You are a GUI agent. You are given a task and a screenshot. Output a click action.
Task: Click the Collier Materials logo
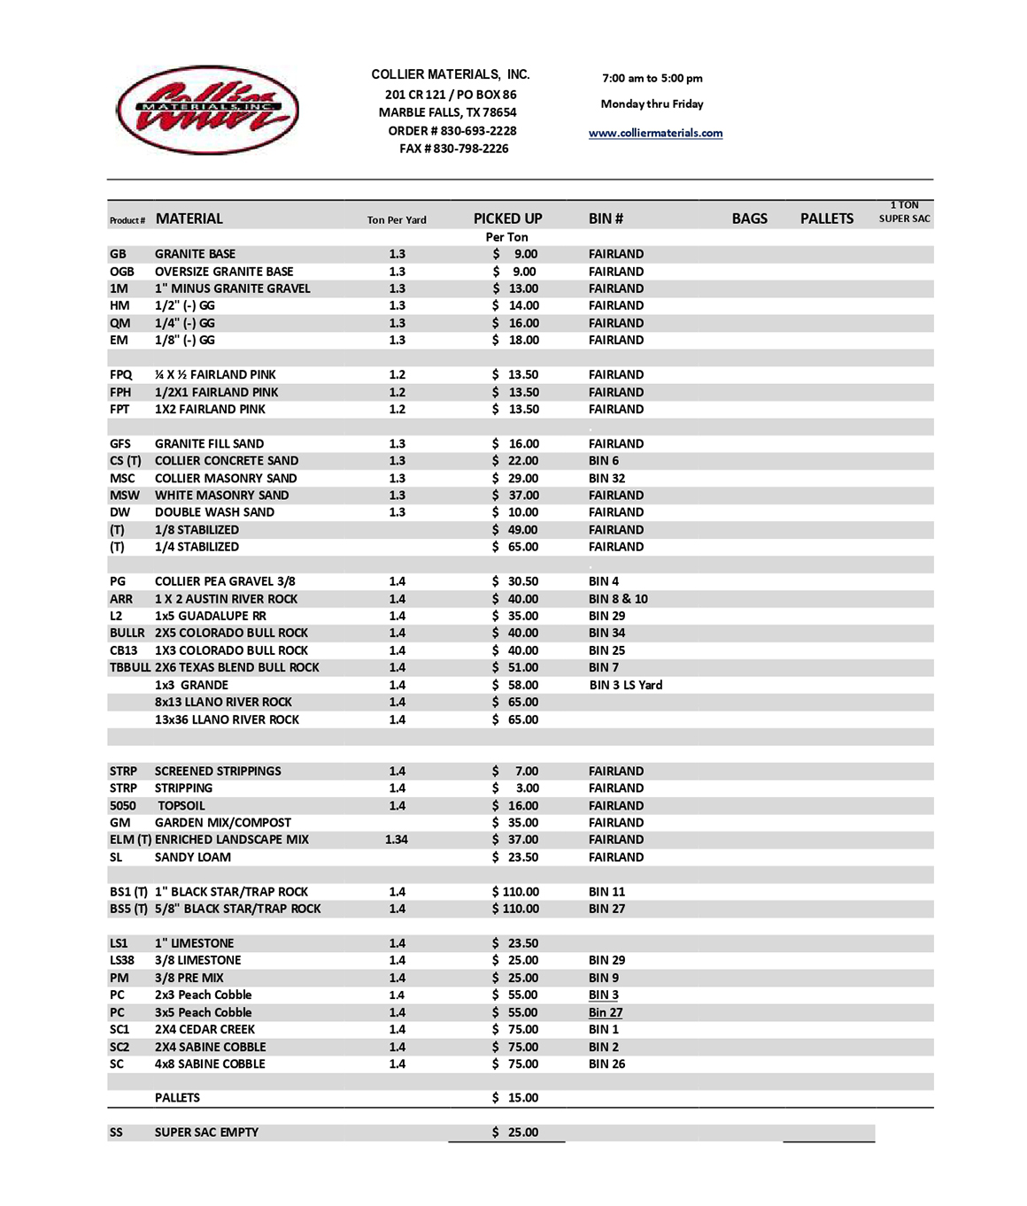(x=207, y=110)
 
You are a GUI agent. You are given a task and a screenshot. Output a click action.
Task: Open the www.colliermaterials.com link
(x=655, y=133)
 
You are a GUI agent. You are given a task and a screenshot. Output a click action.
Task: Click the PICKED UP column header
(x=507, y=219)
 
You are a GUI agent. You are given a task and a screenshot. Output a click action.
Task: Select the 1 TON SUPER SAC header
(x=904, y=211)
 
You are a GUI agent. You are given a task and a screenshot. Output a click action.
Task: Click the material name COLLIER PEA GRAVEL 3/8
(x=225, y=581)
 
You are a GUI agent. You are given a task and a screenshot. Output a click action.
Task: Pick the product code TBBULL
(x=129, y=667)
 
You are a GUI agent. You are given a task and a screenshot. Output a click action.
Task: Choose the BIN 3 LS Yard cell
(x=625, y=685)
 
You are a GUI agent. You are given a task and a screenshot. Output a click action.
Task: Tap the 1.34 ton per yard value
(x=397, y=840)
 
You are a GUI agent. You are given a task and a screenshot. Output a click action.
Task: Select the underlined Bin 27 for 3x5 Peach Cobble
(x=606, y=1012)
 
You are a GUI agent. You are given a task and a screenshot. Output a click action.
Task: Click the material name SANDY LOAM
(x=192, y=857)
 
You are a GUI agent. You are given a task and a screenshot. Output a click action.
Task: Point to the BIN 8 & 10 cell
(x=618, y=599)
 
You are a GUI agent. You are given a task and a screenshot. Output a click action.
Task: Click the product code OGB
(x=122, y=272)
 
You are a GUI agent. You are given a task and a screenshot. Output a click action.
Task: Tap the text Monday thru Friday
(x=652, y=104)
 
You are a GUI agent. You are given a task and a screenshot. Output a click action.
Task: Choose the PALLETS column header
(x=827, y=219)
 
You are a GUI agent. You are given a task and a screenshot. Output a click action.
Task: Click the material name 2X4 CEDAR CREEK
(x=205, y=1029)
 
